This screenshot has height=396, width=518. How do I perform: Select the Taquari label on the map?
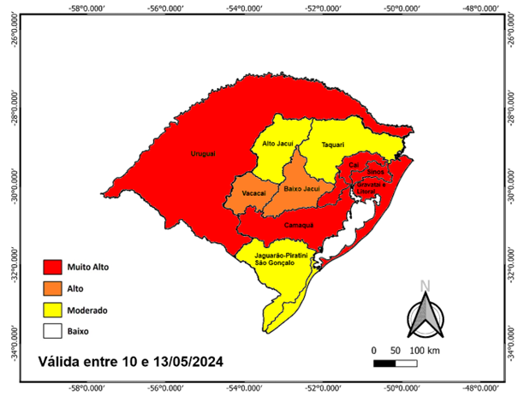331,145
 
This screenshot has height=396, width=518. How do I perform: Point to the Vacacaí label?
253,193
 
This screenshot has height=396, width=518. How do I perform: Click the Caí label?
353,165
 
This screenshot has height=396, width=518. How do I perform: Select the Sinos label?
375,172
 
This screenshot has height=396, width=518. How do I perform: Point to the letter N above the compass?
425,287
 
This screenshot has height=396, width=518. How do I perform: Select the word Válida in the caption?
59,362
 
